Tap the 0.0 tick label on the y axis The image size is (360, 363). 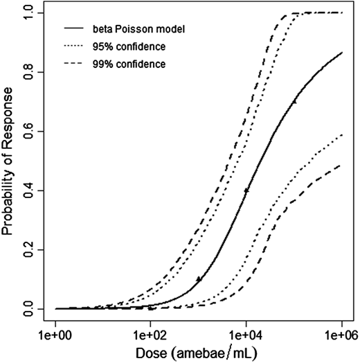[x=28, y=308]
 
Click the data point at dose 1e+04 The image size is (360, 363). [x=246, y=190]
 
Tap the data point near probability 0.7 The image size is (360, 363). [x=294, y=101]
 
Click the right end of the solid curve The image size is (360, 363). [x=341, y=53]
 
